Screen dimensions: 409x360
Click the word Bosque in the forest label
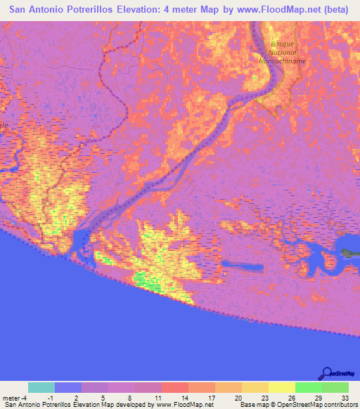point(281,44)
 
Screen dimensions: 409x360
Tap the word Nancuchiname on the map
point(281,61)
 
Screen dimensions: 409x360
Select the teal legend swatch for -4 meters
point(41,387)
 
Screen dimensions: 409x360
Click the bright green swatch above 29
point(308,387)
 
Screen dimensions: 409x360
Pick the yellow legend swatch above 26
point(281,387)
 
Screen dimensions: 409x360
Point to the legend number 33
point(345,398)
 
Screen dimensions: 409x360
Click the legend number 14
point(184,398)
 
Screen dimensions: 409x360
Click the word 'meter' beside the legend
point(13,398)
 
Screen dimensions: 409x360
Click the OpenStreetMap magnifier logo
point(327,373)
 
